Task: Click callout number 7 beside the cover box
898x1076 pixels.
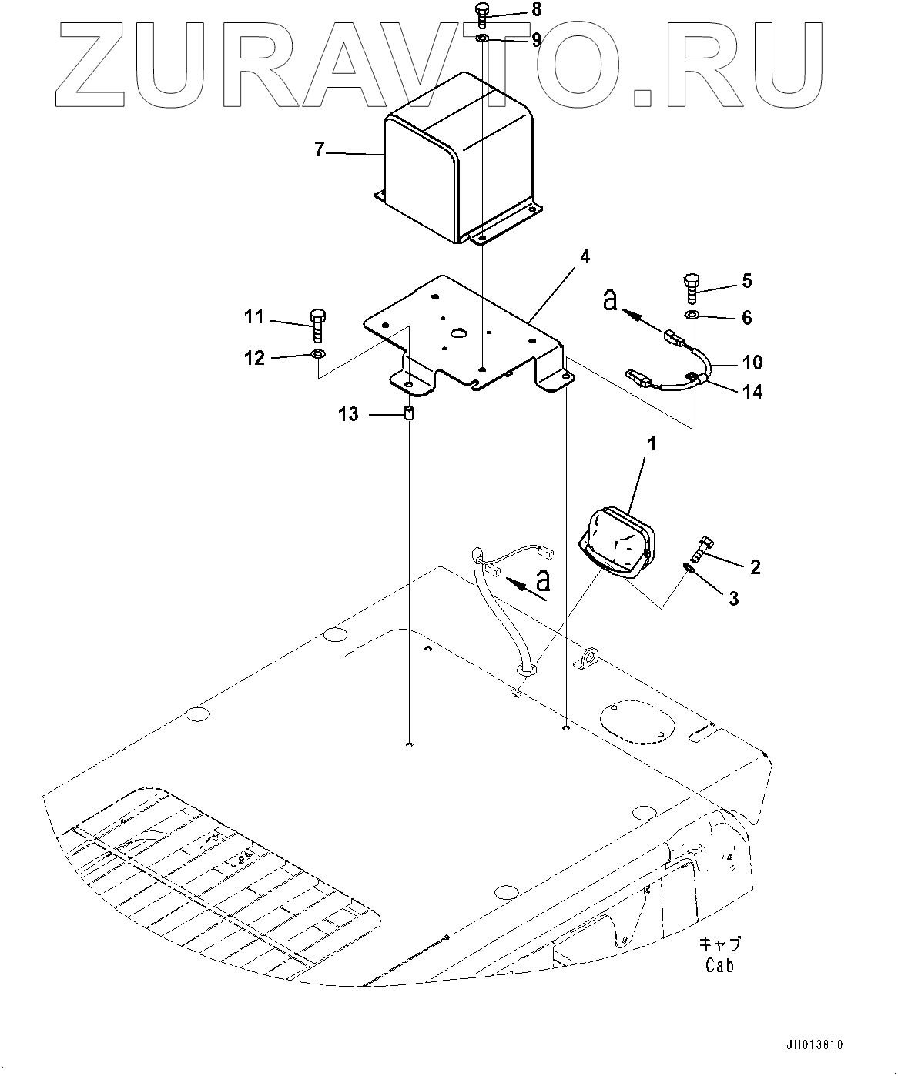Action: [x=320, y=150]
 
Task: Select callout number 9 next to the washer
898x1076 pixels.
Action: [x=536, y=39]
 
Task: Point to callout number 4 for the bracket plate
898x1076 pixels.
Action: [x=585, y=257]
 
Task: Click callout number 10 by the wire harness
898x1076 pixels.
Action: [x=752, y=362]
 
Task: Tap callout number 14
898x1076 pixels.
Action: [x=752, y=392]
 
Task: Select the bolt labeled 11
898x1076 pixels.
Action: [x=317, y=326]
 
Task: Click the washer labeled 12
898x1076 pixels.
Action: [x=317, y=354]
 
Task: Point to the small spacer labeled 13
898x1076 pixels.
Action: [x=410, y=414]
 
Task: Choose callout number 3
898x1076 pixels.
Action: [x=732, y=597]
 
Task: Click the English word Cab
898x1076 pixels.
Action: [x=719, y=966]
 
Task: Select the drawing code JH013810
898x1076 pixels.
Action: [x=816, y=1044]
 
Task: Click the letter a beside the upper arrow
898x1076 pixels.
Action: [x=610, y=302]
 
